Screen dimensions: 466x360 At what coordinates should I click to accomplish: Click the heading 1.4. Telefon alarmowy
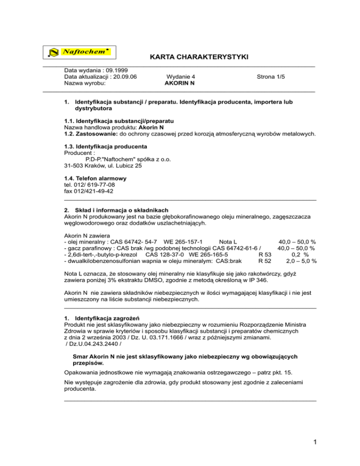tap(95, 179)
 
